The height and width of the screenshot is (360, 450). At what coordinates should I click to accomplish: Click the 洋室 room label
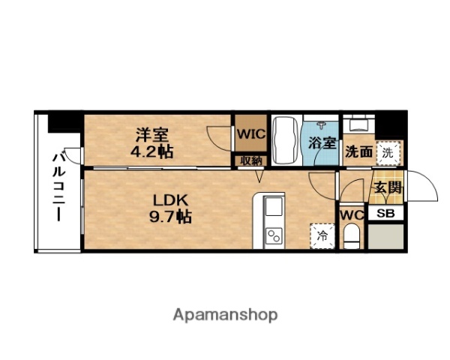coord(152,135)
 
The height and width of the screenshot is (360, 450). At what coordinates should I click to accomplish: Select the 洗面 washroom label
coord(358,151)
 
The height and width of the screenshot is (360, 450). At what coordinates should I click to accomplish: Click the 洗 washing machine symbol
coord(386,151)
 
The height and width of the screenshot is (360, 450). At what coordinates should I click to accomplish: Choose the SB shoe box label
coord(385,213)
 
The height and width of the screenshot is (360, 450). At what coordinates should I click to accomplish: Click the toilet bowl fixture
coord(350,238)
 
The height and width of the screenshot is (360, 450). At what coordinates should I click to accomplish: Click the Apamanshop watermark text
coord(225,314)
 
